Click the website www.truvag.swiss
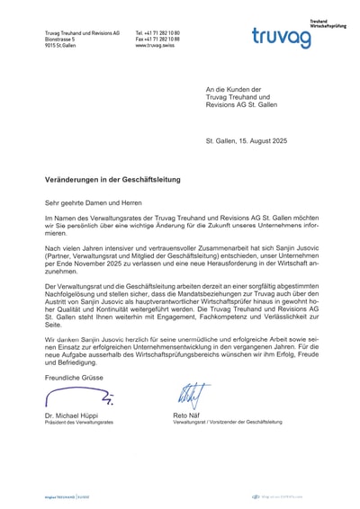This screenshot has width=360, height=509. point(154,46)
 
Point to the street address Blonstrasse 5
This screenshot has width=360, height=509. point(60,40)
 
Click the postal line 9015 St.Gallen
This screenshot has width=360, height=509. point(62,46)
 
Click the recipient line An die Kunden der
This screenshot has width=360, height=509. point(232,89)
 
